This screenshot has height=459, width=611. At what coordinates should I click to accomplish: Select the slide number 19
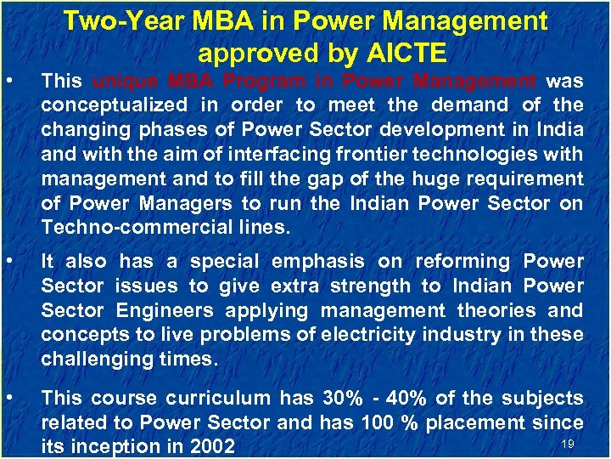point(568,444)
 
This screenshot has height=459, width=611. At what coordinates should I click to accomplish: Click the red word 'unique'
point(124,82)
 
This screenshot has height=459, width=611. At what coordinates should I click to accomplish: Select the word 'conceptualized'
point(115,105)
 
